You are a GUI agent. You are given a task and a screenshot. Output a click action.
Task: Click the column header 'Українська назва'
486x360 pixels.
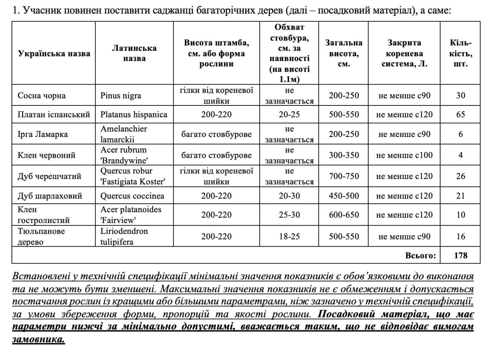point(54,53)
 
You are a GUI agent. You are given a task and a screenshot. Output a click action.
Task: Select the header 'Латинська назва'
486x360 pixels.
point(134,53)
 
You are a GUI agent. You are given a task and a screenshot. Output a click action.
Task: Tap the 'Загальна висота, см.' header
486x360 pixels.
point(344,53)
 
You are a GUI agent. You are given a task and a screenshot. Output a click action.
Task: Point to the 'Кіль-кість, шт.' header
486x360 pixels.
point(460,53)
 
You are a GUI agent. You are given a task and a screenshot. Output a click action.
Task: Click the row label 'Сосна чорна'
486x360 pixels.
point(42,96)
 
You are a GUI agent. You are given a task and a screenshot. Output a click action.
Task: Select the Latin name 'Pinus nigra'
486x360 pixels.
point(121,96)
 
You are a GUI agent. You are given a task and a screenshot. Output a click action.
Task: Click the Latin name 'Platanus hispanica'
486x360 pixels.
point(134,115)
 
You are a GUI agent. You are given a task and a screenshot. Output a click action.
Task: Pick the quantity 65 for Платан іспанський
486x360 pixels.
point(460,115)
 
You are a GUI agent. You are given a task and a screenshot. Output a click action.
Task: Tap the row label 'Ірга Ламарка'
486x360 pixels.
point(43,134)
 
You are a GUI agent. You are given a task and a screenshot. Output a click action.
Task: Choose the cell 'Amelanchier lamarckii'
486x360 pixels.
point(123,134)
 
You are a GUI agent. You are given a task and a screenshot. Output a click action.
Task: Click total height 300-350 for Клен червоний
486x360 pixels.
point(344,155)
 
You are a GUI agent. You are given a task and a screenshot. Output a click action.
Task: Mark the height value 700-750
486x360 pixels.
point(344,176)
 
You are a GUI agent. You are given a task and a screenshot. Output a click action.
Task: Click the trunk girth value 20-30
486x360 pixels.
point(289,196)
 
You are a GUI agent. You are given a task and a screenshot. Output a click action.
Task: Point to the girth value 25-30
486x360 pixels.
point(289,215)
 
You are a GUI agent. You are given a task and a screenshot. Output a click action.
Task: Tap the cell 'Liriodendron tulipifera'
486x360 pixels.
point(124,236)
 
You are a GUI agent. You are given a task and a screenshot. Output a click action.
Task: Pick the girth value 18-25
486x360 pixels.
point(289,237)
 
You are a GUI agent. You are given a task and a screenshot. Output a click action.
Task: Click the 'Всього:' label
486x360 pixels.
point(421,255)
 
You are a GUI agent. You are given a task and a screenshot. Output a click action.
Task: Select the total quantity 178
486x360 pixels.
point(460,255)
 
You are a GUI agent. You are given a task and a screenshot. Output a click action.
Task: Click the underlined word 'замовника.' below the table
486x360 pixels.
point(39,340)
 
